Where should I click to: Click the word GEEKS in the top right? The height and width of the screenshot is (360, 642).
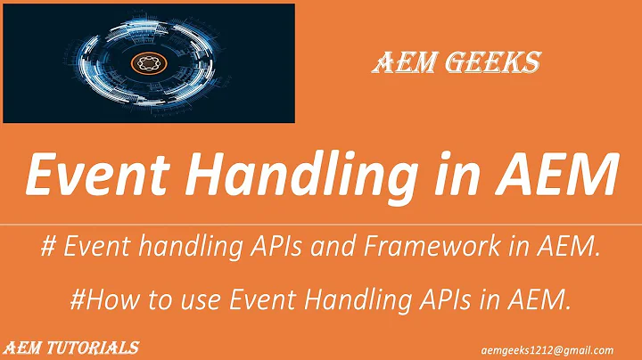click(x=499, y=63)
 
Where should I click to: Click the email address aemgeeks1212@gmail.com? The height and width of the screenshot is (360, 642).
click(x=561, y=349)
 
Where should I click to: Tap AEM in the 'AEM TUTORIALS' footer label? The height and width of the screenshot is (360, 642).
click(x=22, y=347)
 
